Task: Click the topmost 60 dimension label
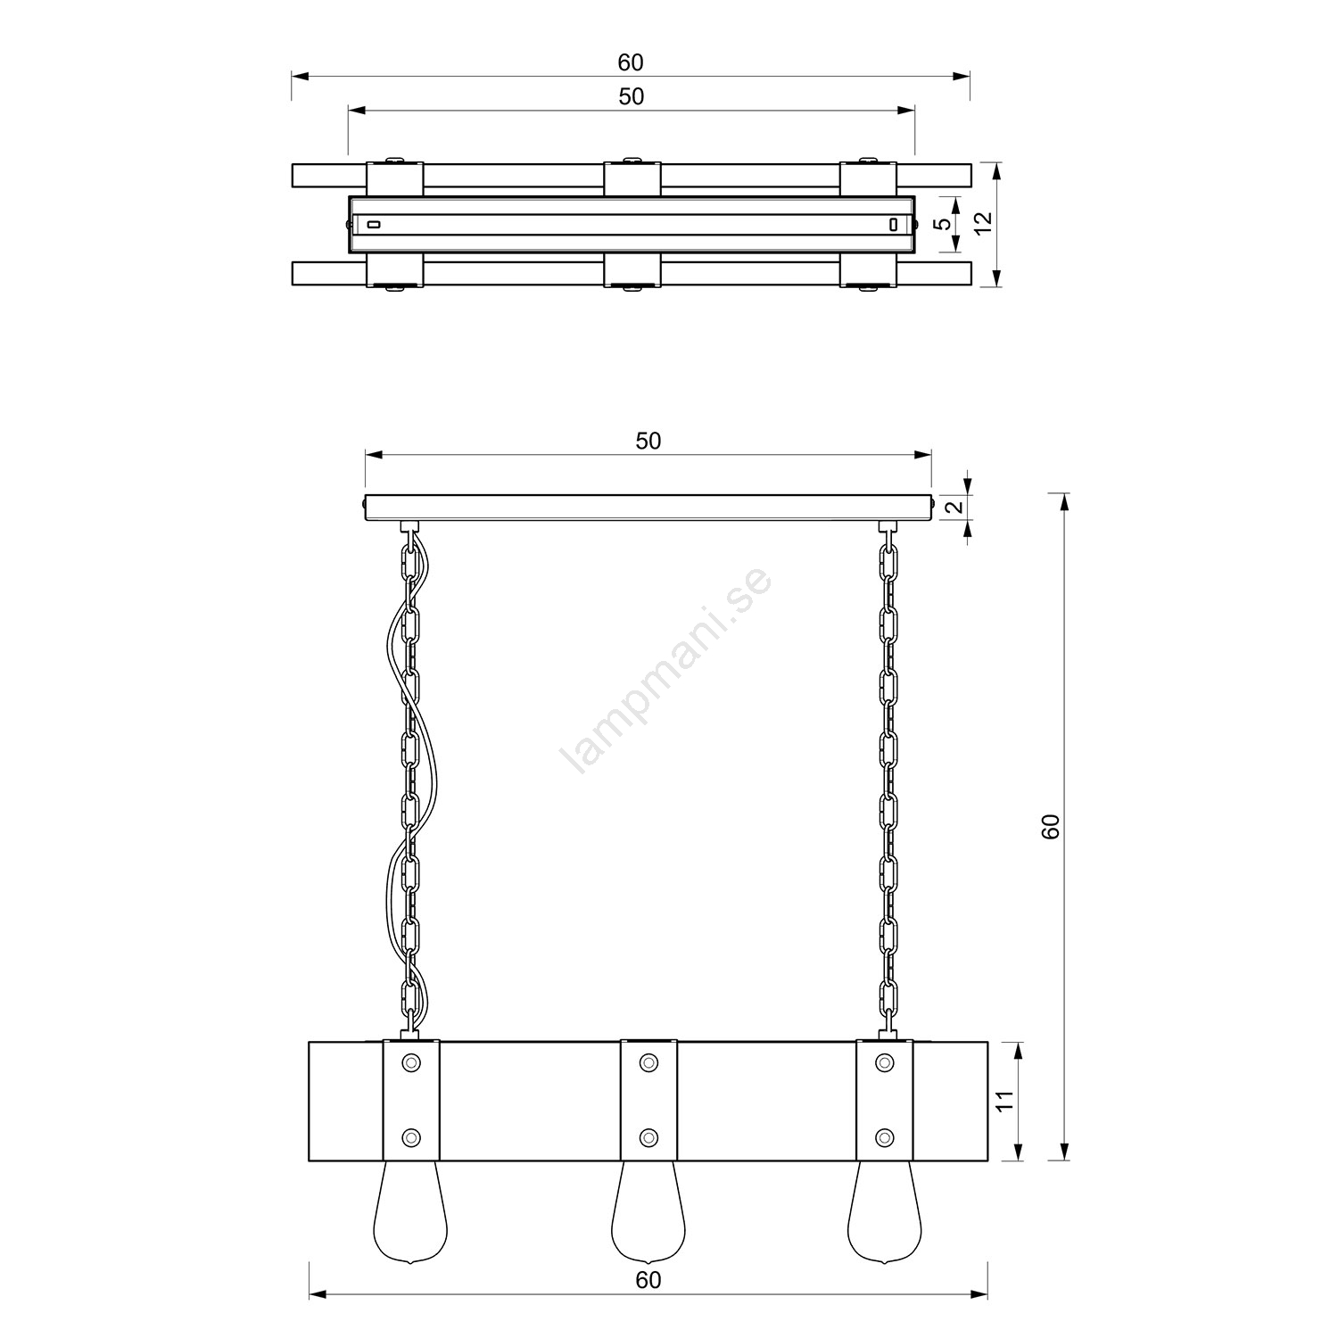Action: click(x=631, y=62)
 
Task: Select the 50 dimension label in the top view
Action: click(x=631, y=96)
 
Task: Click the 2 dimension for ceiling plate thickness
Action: click(x=953, y=508)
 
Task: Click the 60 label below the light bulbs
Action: click(x=648, y=1279)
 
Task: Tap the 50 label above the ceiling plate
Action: click(x=648, y=441)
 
